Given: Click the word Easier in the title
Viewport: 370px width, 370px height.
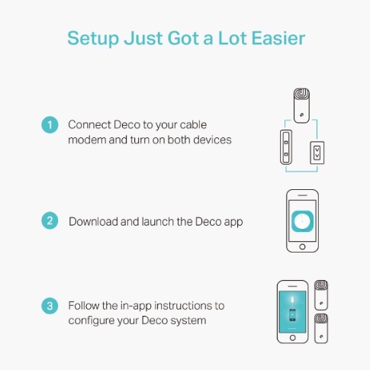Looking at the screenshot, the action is click(278, 38).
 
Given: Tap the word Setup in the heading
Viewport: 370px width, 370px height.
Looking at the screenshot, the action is click(93, 39).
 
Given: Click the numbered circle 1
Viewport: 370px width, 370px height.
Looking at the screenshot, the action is click(50, 125).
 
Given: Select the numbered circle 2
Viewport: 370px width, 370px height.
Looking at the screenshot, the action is click(50, 220).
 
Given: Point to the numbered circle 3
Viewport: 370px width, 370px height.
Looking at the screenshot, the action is click(50, 306).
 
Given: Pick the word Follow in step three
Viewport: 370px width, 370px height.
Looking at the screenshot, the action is click(83, 305).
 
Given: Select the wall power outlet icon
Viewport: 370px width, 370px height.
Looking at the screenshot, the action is click(317, 153).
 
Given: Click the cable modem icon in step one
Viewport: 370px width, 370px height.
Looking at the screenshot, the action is click(286, 147).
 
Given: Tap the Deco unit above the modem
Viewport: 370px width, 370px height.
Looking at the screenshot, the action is click(301, 105).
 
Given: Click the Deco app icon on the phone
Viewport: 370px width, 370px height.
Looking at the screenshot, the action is click(302, 221).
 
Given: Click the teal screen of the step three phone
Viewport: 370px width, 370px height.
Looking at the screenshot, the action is click(292, 312).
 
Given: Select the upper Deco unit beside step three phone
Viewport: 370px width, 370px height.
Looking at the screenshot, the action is click(321, 295).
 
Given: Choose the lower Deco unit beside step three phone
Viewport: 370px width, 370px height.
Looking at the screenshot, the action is click(321, 328).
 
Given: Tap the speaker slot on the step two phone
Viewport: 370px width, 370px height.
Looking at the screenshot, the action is click(302, 195).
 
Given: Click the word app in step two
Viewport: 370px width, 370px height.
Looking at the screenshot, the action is click(233, 222).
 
